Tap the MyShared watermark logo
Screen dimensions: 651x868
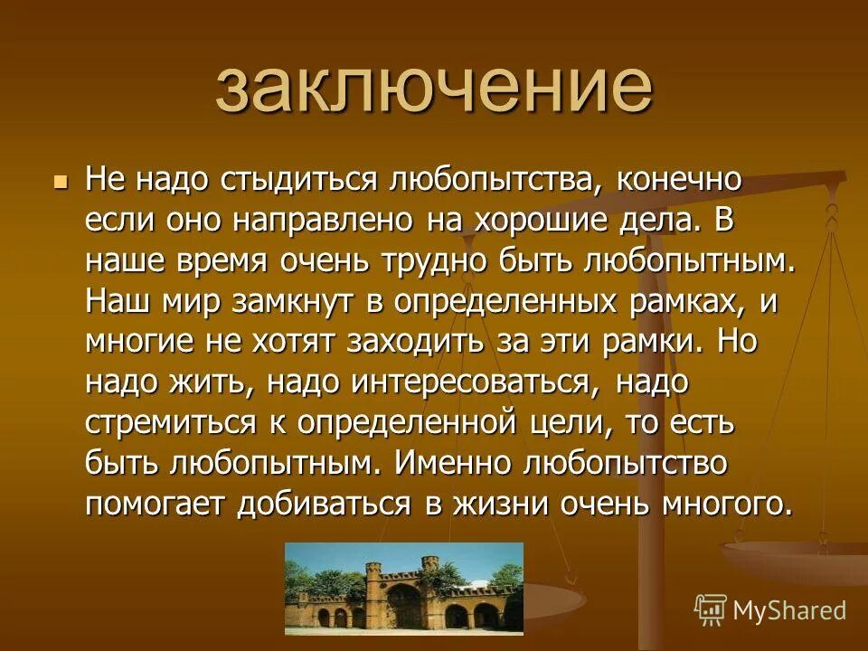pos(770,609)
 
